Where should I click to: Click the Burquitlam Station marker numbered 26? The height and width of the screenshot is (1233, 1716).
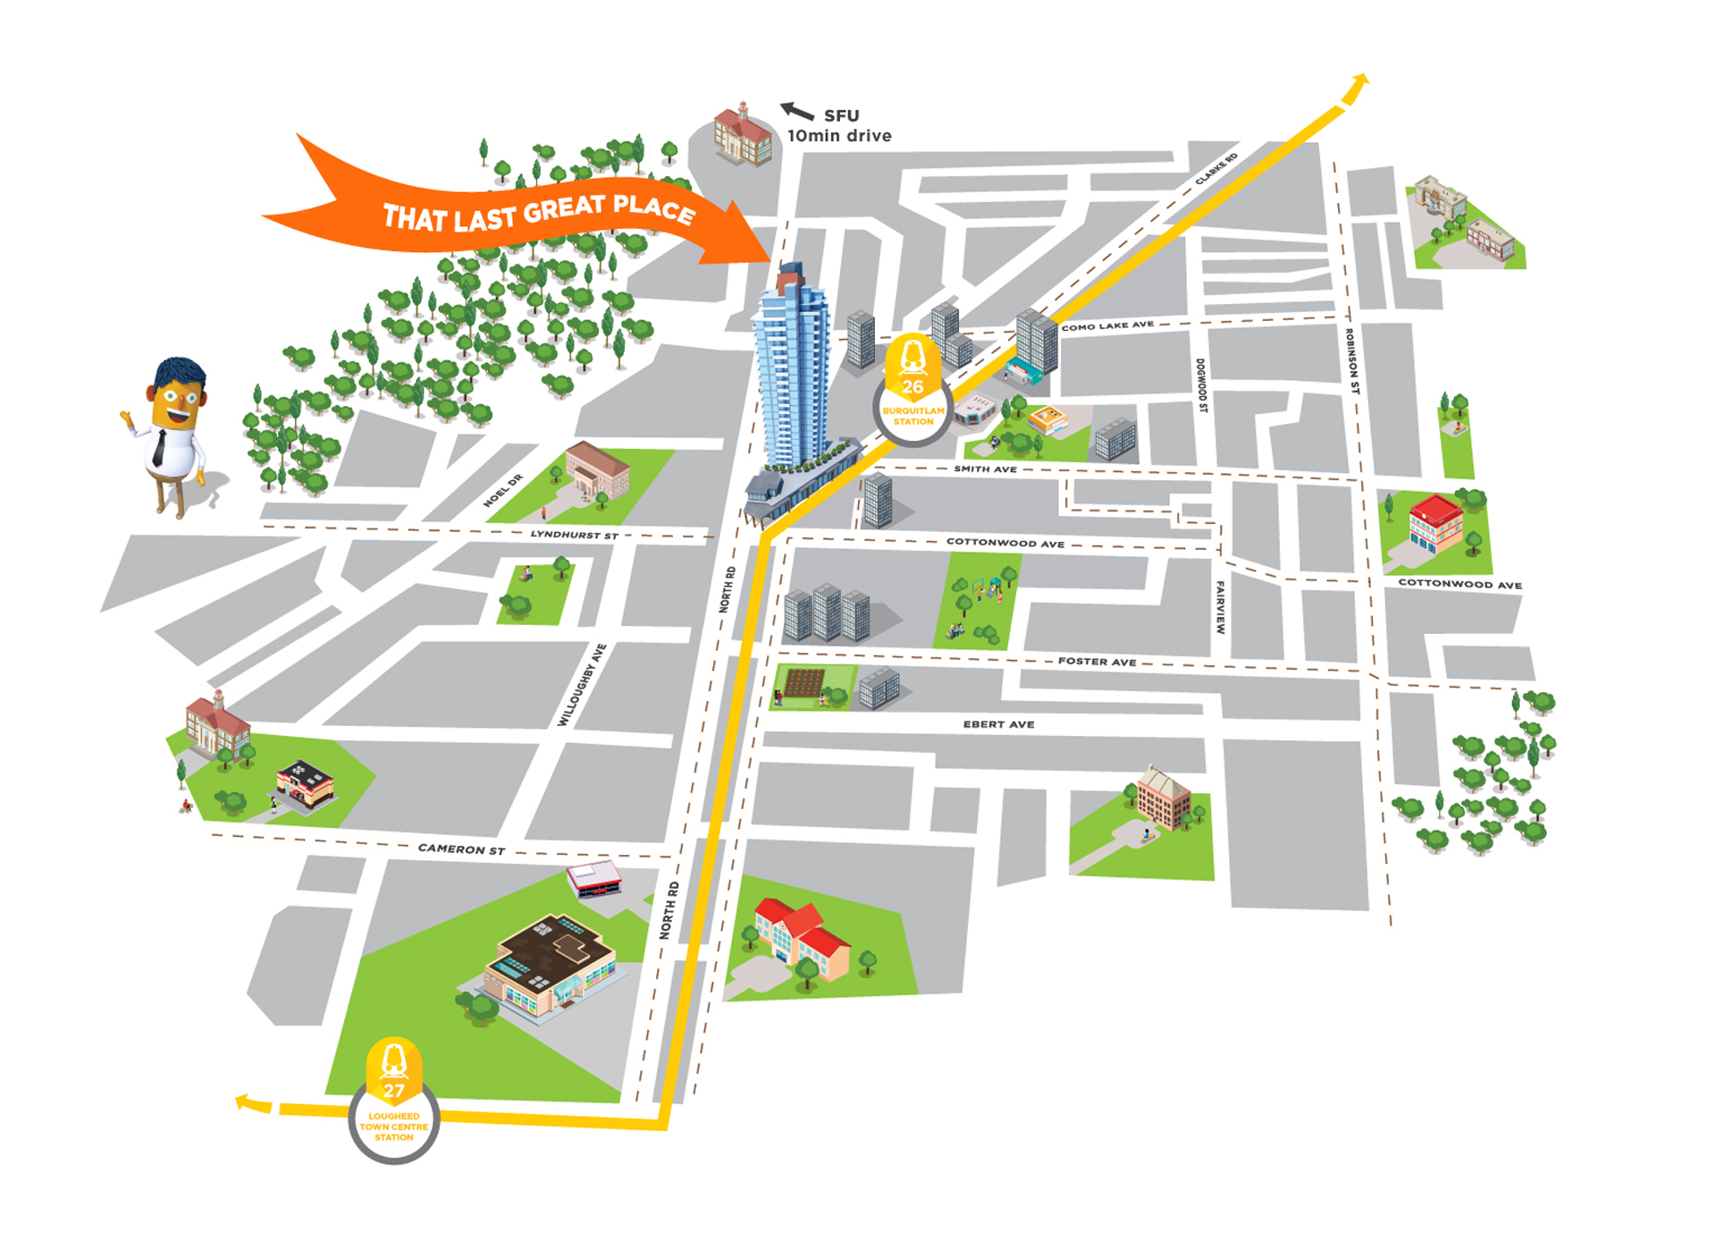(x=913, y=390)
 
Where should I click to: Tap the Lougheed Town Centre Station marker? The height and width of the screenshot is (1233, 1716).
(x=394, y=1102)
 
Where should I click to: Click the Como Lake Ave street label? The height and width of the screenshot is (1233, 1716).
(x=1107, y=326)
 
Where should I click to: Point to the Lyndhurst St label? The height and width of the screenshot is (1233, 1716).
(x=574, y=535)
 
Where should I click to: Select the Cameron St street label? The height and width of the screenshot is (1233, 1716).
(x=461, y=849)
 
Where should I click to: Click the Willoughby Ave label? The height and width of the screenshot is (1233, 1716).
(x=582, y=685)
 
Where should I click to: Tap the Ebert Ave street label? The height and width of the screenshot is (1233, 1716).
(x=998, y=724)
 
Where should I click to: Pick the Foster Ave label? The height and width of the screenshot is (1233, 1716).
(x=1097, y=662)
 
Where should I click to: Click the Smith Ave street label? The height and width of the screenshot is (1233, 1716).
(x=985, y=469)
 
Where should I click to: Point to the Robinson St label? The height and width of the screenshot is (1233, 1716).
(x=1352, y=361)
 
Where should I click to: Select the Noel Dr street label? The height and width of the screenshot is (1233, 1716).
(x=502, y=491)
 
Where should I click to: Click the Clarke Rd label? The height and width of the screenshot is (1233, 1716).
(x=1216, y=169)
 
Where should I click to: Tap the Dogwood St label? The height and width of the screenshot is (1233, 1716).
(x=1201, y=385)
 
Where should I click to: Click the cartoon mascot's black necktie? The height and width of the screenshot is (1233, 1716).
(x=159, y=448)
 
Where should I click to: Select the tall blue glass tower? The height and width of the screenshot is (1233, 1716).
(x=793, y=367)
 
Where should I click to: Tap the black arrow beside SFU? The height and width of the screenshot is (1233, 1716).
(x=796, y=111)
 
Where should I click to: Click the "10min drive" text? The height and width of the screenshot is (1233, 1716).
(x=839, y=136)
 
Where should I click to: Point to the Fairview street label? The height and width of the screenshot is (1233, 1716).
(x=1220, y=608)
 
